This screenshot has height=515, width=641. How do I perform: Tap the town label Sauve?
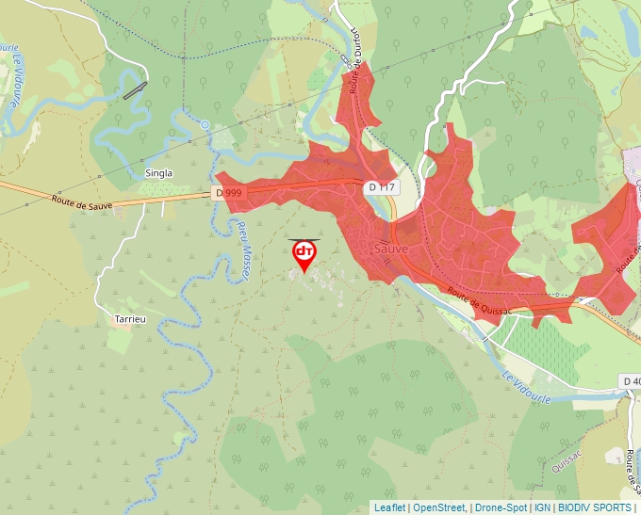click(x=390, y=249)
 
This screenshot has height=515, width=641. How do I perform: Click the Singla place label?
click(x=159, y=173)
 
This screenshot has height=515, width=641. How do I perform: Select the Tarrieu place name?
click(x=130, y=319)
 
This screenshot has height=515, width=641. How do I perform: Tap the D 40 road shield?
click(x=631, y=380)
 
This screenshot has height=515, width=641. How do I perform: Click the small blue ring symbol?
click(x=205, y=124)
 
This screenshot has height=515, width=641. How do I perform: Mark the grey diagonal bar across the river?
click(x=136, y=90)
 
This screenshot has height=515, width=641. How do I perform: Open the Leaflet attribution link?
click(x=390, y=507)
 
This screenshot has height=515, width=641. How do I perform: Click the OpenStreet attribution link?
click(x=439, y=507)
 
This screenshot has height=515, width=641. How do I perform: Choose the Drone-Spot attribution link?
click(x=500, y=507)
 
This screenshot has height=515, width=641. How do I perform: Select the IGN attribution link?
click(x=542, y=507)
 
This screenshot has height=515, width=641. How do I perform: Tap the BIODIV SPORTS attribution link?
click(x=595, y=507)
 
